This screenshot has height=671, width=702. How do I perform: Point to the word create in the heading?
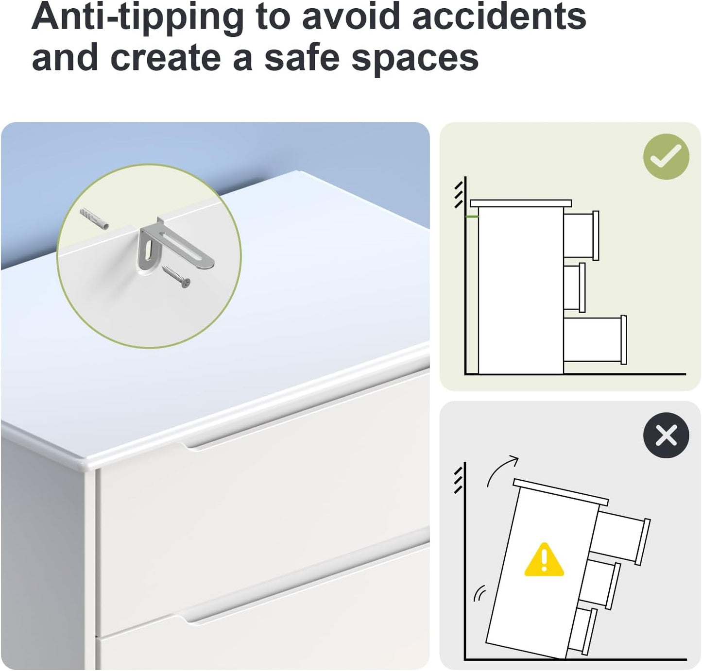(166, 58)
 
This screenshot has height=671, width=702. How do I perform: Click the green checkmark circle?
(666, 156)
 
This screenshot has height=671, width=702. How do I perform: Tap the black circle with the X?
(666, 435)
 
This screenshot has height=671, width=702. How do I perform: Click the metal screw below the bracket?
(176, 277)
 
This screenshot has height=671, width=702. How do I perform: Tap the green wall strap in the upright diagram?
(472, 217)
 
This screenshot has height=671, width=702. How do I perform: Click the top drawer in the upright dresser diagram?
(581, 235)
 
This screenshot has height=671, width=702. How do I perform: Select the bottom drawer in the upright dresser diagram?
(595, 340)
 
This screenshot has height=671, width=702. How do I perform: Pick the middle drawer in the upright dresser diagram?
(574, 287)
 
